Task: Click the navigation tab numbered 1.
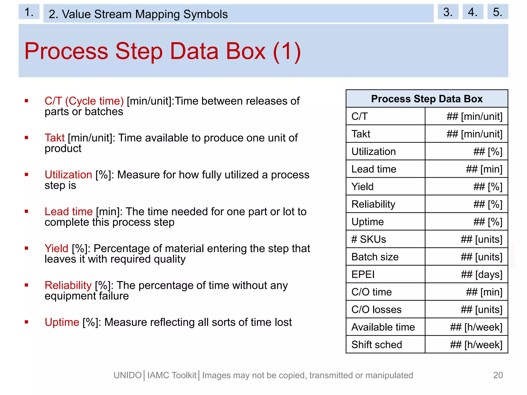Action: pyautogui.click(x=29, y=12)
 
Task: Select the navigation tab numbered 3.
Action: pyautogui.click(x=448, y=12)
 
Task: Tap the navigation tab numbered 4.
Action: pyautogui.click(x=473, y=12)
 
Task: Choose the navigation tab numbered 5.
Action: pyautogui.click(x=497, y=12)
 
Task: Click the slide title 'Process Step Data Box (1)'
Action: pyautogui.click(x=163, y=51)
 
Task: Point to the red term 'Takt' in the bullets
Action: pyautogui.click(x=55, y=138)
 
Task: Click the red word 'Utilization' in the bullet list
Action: pyautogui.click(x=68, y=175)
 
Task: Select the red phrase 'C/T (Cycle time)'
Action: pyautogui.click(x=84, y=101)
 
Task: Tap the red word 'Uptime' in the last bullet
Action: pyautogui.click(x=62, y=322)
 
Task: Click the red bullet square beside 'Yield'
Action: pyautogui.click(x=27, y=248)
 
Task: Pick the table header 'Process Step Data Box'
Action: pyautogui.click(x=427, y=99)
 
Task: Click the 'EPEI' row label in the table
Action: pyautogui.click(x=363, y=274)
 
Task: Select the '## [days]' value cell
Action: pyautogui.click(x=481, y=274)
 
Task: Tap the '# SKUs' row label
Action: pyautogui.click(x=368, y=239)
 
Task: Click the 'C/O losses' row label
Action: pyautogui.click(x=376, y=310)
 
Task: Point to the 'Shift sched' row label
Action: pyautogui.click(x=376, y=345)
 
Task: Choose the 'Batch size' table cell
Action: pyautogui.click(x=375, y=257)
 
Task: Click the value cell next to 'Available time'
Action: pyautogui.click(x=476, y=327)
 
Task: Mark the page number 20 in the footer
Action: pyautogui.click(x=498, y=375)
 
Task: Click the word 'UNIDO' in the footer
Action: pyautogui.click(x=128, y=375)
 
